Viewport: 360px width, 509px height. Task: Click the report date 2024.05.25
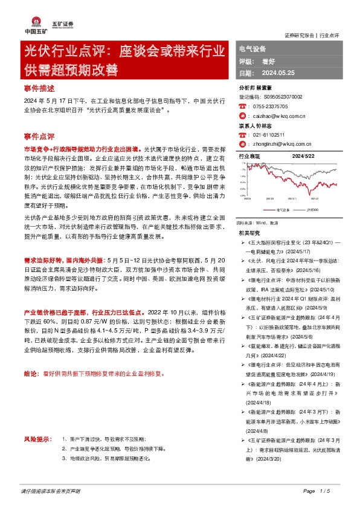[277, 73]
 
